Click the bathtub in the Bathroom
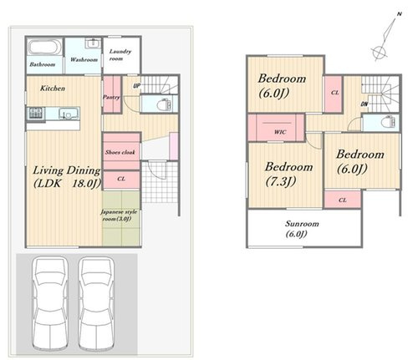pos(44,48)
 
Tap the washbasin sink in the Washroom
pos(93,44)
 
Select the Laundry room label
pos(120,55)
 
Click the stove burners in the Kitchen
pos(36,114)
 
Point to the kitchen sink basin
pos(69,114)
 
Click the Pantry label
pos(111,97)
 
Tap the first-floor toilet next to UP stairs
pos(164,104)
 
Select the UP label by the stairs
pos(136,86)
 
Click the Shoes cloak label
pos(120,152)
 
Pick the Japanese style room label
pos(119,215)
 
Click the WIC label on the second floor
pos(280,132)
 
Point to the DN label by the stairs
pos(364,104)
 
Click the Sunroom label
pos(302,229)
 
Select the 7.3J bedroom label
pos(288,174)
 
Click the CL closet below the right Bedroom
pos(343,200)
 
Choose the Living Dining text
pos(67,170)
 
